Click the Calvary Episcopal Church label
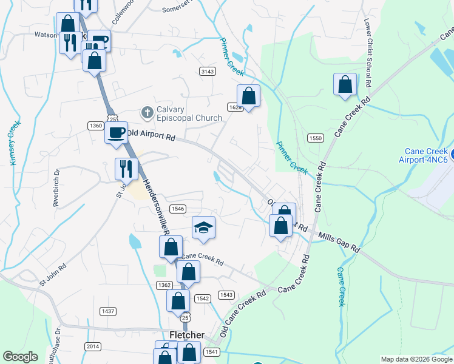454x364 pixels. click(x=181, y=113)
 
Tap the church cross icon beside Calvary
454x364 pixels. click(x=146, y=112)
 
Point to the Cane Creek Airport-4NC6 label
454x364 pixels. click(x=427, y=155)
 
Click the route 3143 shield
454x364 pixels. click(x=208, y=72)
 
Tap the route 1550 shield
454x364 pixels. click(x=314, y=138)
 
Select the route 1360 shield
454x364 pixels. click(x=95, y=126)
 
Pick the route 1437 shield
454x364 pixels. click(x=108, y=311)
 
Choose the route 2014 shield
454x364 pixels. click(x=93, y=346)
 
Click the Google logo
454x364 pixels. click(x=21, y=357)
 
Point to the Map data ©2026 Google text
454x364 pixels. click(x=416, y=359)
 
